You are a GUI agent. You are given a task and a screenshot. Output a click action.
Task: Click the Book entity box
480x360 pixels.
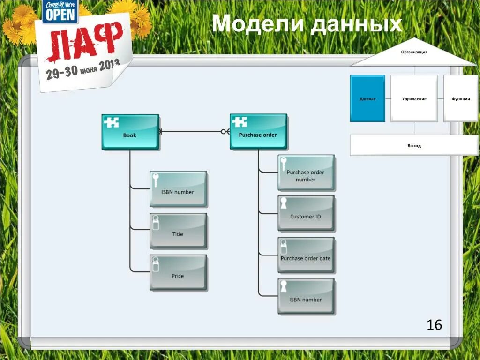(x=130, y=132)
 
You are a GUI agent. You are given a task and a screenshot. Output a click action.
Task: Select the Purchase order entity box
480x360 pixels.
(x=258, y=132)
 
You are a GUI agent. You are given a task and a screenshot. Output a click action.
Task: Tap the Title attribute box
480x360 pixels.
(x=178, y=231)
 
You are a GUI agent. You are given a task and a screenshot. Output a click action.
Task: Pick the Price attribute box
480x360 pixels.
(x=178, y=272)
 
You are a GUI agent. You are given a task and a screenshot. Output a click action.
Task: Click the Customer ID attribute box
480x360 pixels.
(x=306, y=213)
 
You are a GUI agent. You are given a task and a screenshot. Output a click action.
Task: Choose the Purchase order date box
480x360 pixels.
(x=306, y=255)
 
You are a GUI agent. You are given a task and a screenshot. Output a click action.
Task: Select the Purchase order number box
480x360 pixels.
(x=306, y=172)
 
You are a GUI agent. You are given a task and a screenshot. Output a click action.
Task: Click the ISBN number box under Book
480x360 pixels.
(x=178, y=188)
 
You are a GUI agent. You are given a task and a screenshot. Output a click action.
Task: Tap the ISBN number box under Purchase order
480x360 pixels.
(x=306, y=296)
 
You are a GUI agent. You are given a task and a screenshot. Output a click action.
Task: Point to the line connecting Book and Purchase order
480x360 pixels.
(x=192, y=132)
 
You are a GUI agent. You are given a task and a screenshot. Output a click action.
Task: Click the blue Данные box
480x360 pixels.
(x=367, y=98)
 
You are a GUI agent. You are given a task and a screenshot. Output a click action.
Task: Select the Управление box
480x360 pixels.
(x=414, y=98)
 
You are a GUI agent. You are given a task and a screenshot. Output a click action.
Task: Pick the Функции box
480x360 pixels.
(x=461, y=98)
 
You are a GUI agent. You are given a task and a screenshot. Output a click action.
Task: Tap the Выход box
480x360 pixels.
(x=414, y=145)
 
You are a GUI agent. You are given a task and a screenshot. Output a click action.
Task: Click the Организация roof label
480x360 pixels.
(x=414, y=52)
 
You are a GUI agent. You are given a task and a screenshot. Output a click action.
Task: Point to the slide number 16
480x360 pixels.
(x=435, y=324)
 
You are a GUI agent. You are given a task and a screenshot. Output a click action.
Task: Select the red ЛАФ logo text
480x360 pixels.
(x=84, y=43)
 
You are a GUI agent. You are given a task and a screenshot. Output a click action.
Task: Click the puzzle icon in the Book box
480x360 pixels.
(x=112, y=122)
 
